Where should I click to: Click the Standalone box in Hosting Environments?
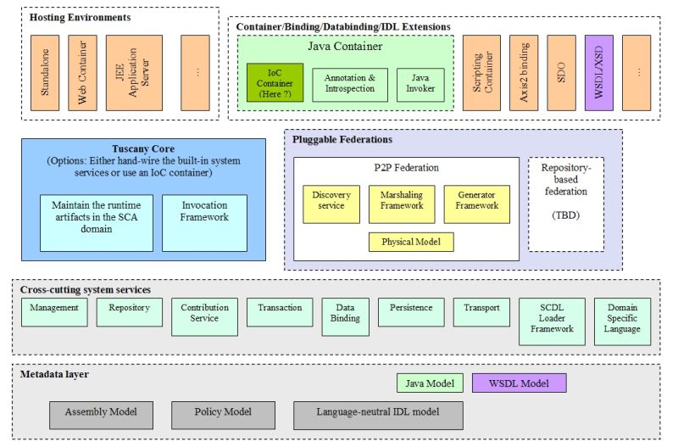point(45,73)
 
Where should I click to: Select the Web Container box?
point(82,73)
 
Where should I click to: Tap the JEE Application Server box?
point(133,73)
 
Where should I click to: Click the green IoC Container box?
point(275,83)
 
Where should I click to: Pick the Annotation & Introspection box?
point(349,85)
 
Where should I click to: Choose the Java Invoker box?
point(419,85)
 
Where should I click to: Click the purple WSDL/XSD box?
point(598,73)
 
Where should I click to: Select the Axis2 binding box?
point(523,73)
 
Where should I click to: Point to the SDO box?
point(561,73)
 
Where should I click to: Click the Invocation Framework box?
point(204,223)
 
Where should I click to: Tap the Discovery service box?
point(331,204)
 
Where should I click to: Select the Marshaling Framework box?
point(402,204)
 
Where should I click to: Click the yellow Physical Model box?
point(410,242)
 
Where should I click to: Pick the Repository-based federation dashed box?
point(565,204)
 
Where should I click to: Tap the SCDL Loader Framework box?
point(551,321)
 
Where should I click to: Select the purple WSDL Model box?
point(519,383)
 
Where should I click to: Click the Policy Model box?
point(224,415)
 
